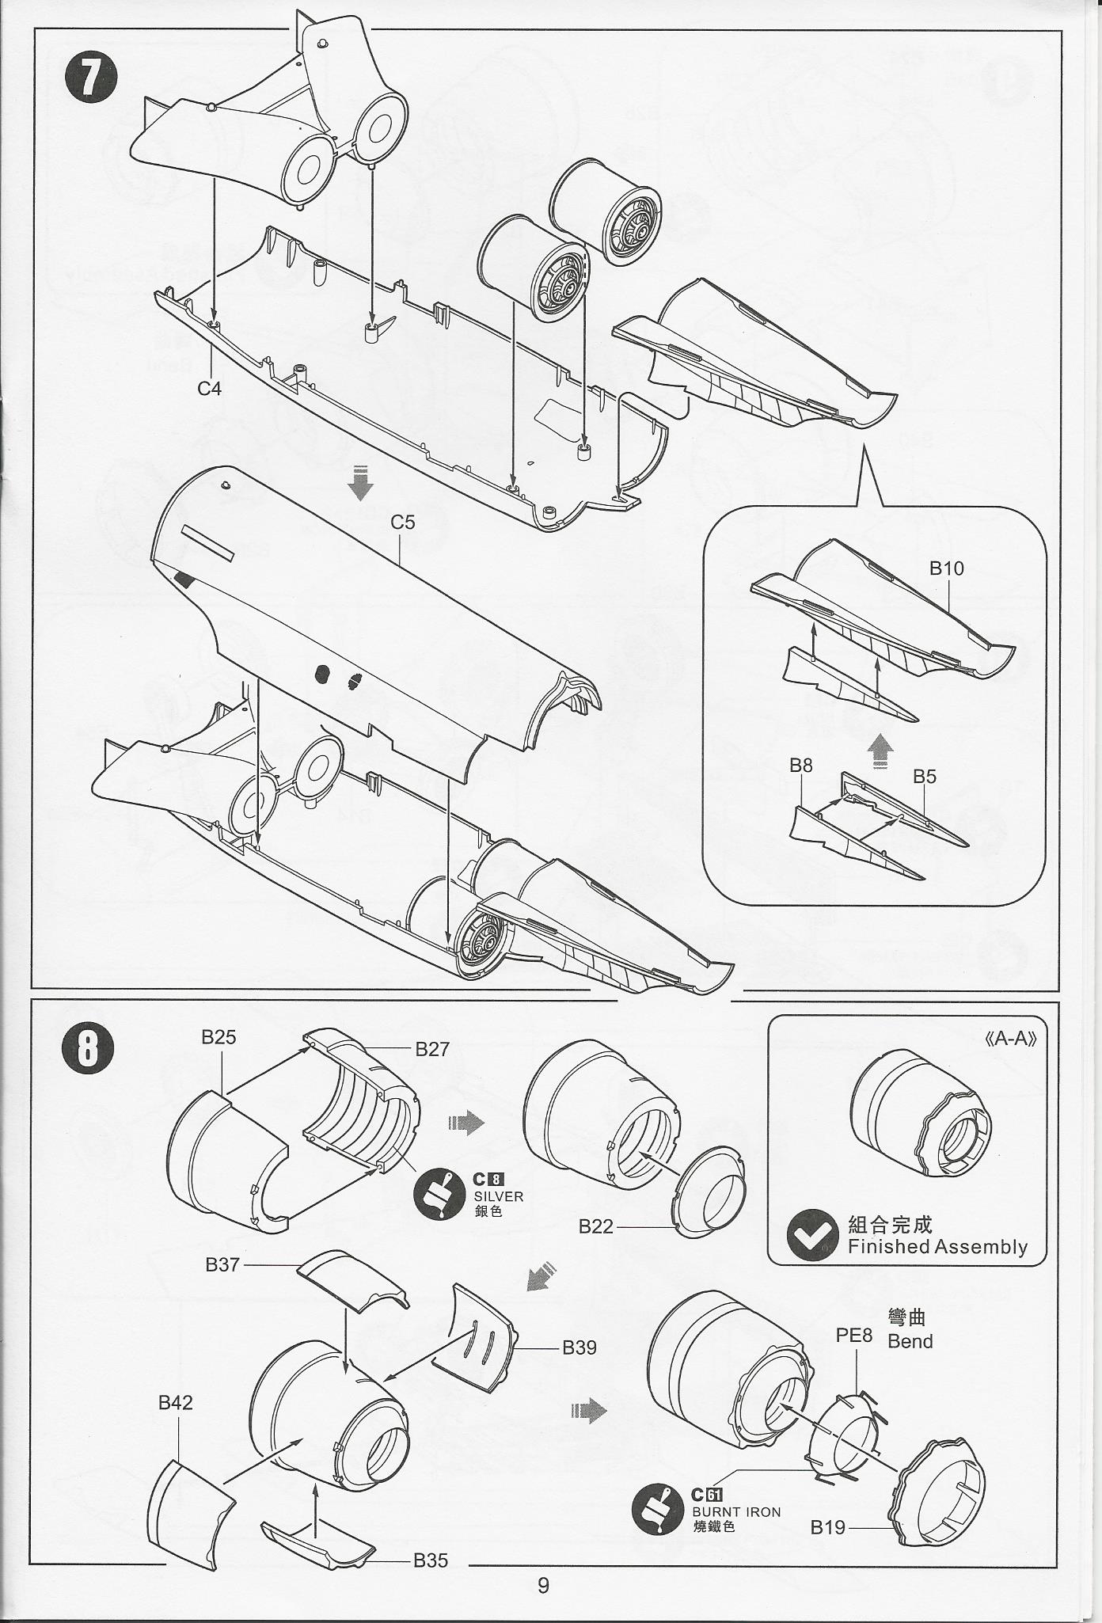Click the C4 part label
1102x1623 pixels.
(x=210, y=388)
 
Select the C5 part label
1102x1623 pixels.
(x=402, y=523)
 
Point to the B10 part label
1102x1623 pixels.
(x=946, y=568)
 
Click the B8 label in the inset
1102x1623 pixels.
(x=801, y=766)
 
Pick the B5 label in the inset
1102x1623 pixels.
(x=924, y=777)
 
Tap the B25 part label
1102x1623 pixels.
(x=218, y=1037)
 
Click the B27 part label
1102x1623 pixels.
(x=432, y=1049)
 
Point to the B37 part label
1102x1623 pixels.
(x=222, y=1264)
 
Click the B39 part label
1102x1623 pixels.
(x=579, y=1347)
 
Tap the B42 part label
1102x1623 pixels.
(x=176, y=1403)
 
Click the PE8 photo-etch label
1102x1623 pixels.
(x=854, y=1336)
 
